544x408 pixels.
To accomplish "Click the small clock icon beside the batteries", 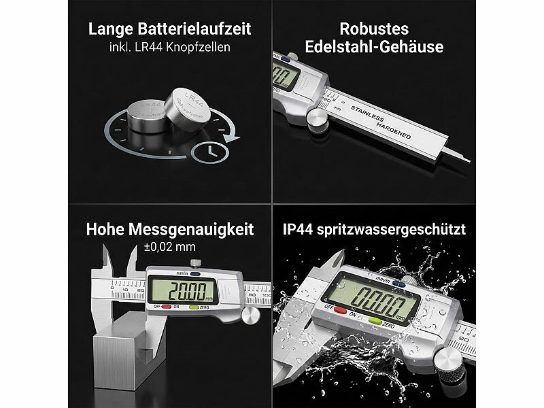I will [207, 153].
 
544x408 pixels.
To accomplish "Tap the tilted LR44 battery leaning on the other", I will [188, 107].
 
